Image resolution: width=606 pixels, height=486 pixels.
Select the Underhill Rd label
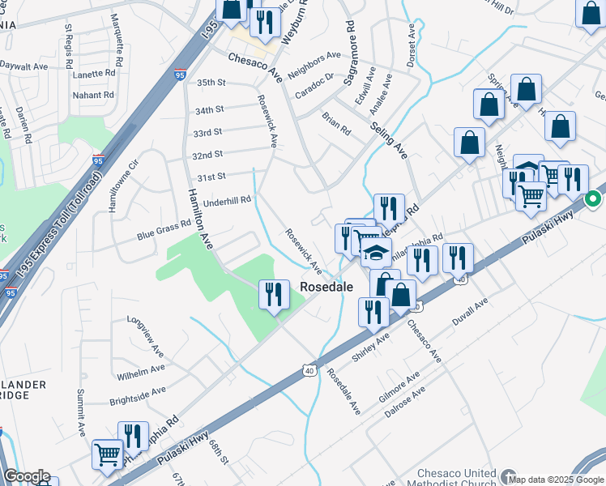[x=228, y=200]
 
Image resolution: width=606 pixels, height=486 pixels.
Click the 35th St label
[x=210, y=83]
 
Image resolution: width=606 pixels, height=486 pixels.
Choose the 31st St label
[x=211, y=177]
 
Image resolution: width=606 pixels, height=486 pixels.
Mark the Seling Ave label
[x=389, y=135]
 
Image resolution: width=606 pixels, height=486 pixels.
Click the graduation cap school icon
[x=376, y=253]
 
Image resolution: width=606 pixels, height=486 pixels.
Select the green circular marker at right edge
[x=593, y=198]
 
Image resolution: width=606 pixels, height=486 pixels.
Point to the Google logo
[x=27, y=476]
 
